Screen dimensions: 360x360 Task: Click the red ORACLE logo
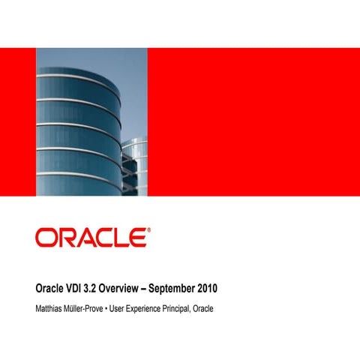coord(91,238)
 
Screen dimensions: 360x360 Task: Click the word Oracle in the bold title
coord(52,288)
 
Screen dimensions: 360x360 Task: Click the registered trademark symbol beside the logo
coord(147,230)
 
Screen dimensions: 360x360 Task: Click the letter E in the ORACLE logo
coord(136,238)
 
